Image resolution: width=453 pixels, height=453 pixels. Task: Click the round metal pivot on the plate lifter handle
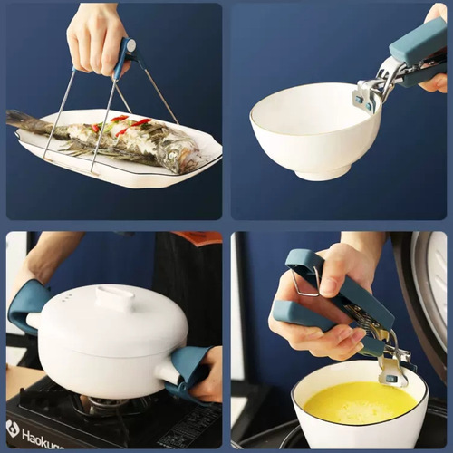pos(130,44)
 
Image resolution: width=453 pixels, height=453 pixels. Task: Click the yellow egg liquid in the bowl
pos(359,403)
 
